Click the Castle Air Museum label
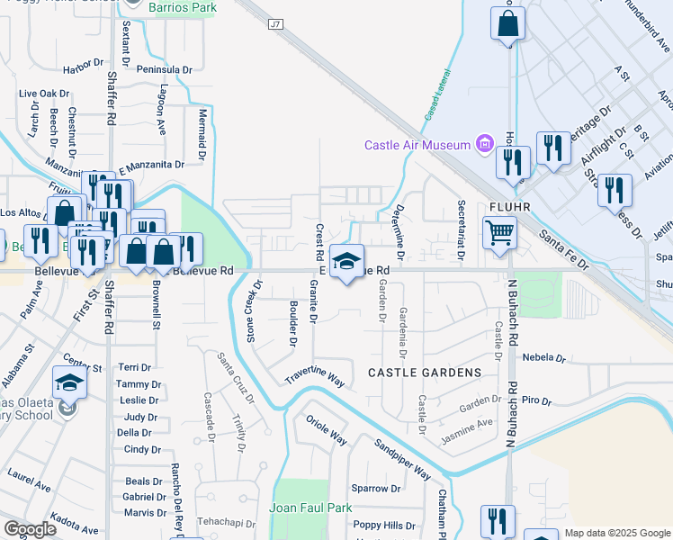[417, 145]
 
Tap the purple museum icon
[486, 144]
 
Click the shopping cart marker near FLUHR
[500, 233]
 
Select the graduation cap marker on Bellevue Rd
[346, 262]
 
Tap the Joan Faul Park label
[310, 508]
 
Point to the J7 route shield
[275, 24]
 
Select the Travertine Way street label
[316, 376]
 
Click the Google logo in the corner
[30, 529]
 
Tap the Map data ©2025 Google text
[617, 533]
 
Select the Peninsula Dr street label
[164, 69]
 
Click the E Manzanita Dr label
[151, 165]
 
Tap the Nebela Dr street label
[543, 357]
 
